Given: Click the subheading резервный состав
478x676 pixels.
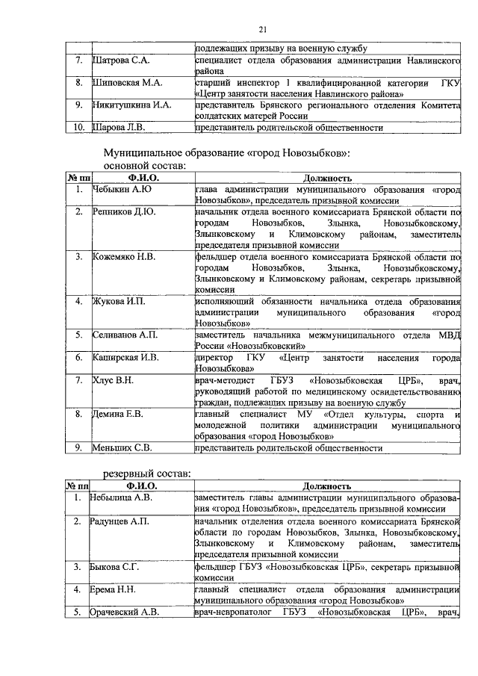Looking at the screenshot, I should tap(147, 472).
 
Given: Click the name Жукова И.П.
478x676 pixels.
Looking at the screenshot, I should tap(118, 301).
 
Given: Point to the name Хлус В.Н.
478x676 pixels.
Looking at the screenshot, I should tap(113, 380).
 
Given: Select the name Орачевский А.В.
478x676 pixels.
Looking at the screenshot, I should tap(125, 613).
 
